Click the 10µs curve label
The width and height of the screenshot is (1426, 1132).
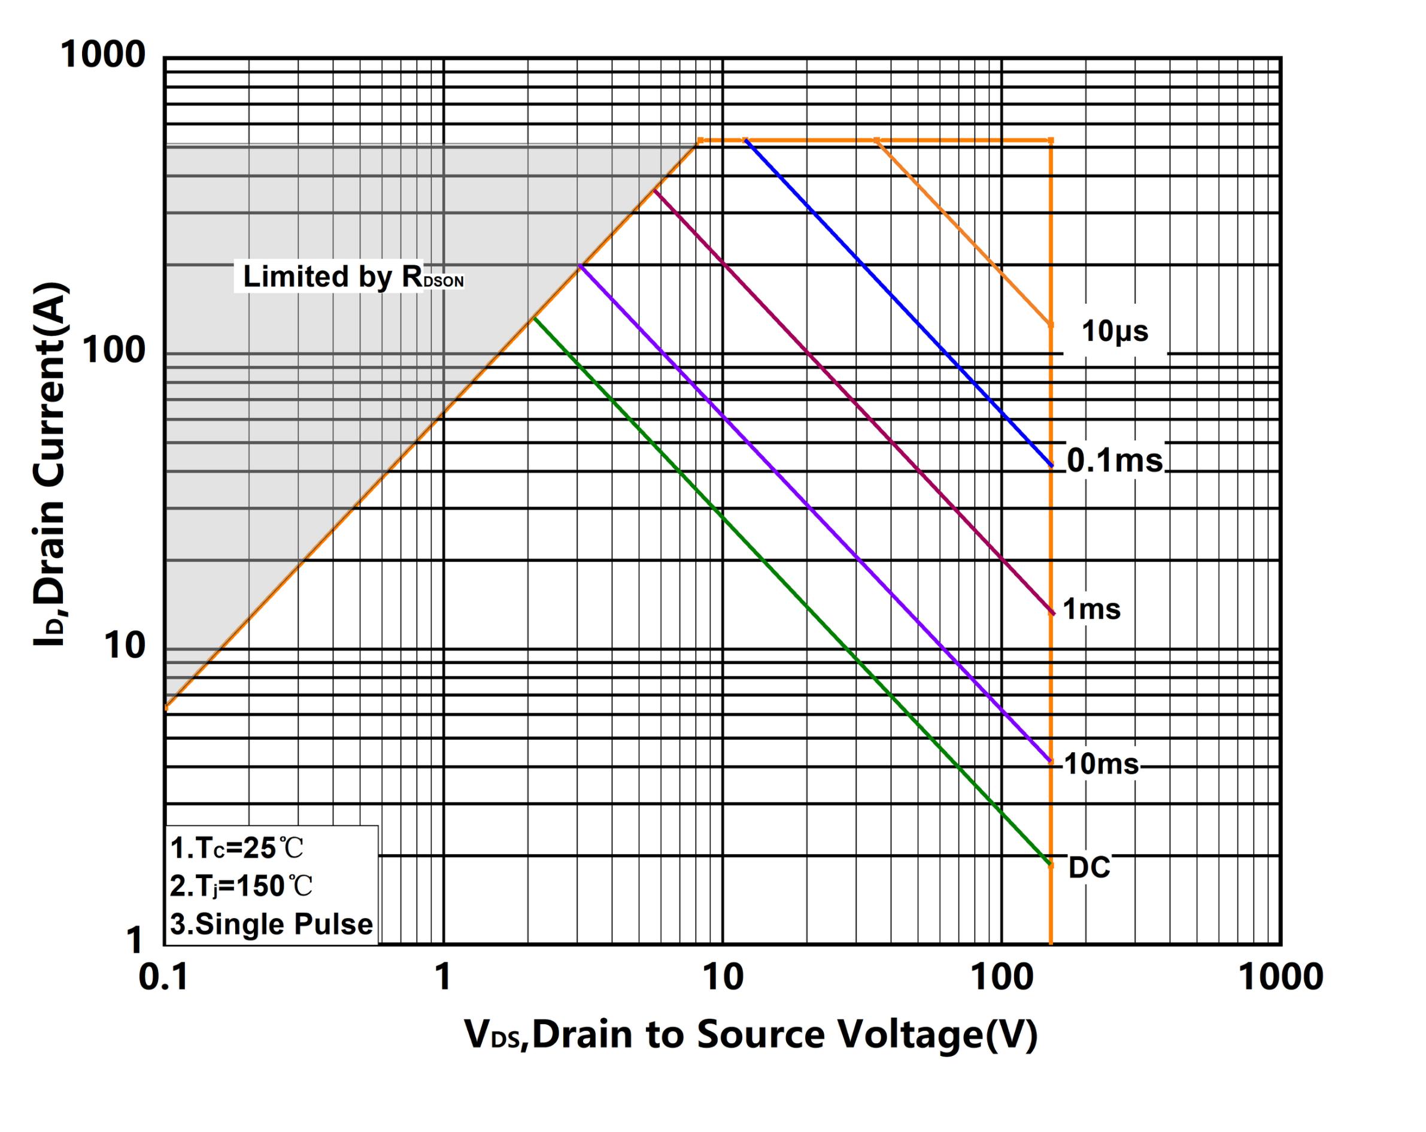pyautogui.click(x=1115, y=331)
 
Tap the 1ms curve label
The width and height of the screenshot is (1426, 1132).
pyautogui.click(x=1091, y=609)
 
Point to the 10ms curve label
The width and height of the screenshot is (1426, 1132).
pyautogui.click(x=1102, y=764)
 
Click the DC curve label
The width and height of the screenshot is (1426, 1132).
pyautogui.click(x=1090, y=867)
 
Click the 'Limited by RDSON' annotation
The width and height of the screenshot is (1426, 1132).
pyautogui.click(x=353, y=277)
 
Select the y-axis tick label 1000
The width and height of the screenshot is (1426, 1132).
pyautogui.click(x=102, y=55)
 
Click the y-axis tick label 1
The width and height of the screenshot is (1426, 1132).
pyautogui.click(x=135, y=940)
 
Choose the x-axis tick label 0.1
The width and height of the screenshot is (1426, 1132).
pyautogui.click(x=163, y=976)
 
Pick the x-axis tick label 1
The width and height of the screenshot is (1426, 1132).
pyautogui.click(x=443, y=976)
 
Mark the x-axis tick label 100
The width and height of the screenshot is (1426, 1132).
pyautogui.click(x=1002, y=976)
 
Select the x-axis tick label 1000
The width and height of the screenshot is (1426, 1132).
pyautogui.click(x=1281, y=976)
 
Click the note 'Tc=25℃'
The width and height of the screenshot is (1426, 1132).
pyautogui.click(x=237, y=848)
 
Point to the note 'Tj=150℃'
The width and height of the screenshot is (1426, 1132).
pyautogui.click(x=241, y=886)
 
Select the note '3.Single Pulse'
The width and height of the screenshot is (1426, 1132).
pyautogui.click(x=271, y=924)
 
